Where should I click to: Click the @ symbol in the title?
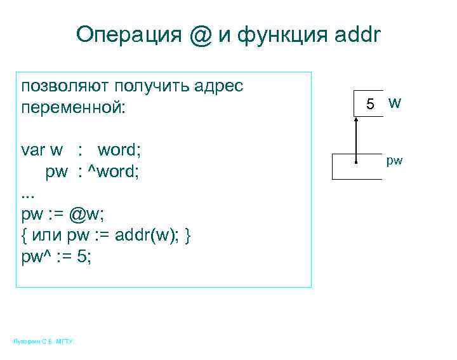[x=200, y=34]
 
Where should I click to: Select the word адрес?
[x=218, y=86]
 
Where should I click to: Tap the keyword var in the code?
[x=33, y=150]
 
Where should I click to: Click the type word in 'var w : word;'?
[x=119, y=150]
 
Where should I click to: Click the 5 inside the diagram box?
[x=371, y=103]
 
